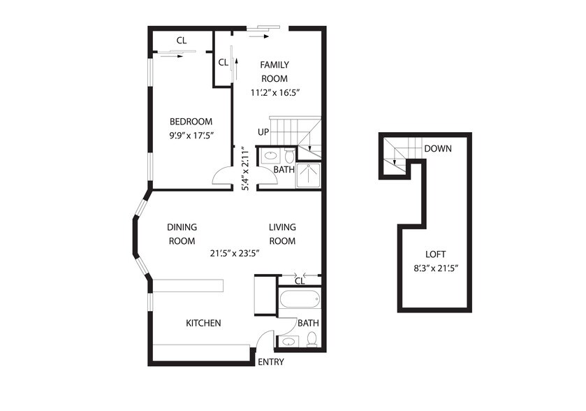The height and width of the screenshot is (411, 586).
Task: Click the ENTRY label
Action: pos(271,361)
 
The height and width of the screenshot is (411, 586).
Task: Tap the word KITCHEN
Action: pos(203,323)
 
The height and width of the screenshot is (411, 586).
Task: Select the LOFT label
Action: pos(435,254)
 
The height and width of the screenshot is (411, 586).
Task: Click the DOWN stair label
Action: pos(438,148)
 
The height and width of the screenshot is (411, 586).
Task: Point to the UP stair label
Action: pos(263,132)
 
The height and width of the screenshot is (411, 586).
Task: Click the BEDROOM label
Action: pos(191,122)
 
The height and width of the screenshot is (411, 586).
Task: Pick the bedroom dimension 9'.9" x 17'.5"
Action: pos(191,136)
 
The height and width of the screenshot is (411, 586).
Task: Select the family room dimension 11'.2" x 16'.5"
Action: pos(275,92)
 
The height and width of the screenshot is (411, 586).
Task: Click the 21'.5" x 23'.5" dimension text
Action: pos(235,253)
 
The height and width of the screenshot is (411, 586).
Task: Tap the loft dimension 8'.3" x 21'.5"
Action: pos(436,268)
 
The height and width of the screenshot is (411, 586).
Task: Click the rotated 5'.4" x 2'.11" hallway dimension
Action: pos(245,168)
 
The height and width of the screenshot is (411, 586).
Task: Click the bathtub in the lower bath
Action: pos(300,298)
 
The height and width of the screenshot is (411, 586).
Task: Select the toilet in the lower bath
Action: pos(312,339)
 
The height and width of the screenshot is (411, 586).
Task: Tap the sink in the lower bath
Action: pos(288,341)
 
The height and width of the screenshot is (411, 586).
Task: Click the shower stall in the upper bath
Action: pos(308,175)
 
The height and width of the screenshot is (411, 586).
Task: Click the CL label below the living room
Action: pos(300,281)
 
